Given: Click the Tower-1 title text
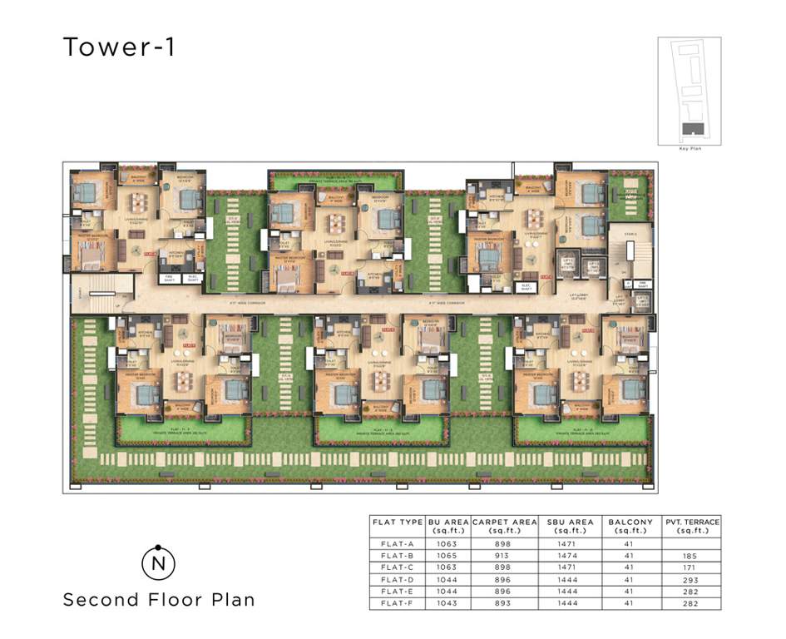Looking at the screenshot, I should coord(119,47).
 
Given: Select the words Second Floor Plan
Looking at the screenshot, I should coord(159,599).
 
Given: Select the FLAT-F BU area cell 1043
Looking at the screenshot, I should coord(448,603).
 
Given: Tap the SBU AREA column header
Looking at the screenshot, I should coord(570,526).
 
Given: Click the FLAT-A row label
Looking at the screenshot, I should coord(397,544).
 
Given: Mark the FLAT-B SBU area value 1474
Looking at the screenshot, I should coord(570,556).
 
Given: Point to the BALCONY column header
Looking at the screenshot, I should coord(630,526).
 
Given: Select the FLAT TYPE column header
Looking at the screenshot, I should coord(397,523).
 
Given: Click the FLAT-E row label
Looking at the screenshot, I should coord(397,592).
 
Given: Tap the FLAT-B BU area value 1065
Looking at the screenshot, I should coord(448,556).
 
